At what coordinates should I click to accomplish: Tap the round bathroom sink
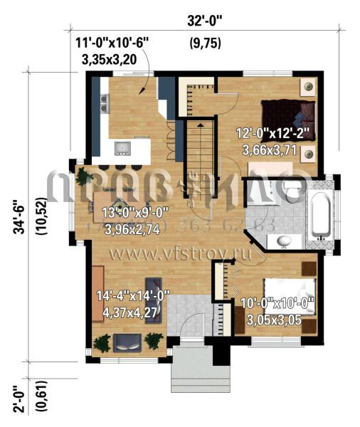coord(284,240)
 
